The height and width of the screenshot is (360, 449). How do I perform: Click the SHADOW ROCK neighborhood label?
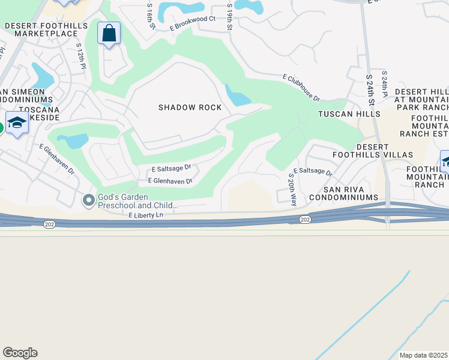pos(190,107)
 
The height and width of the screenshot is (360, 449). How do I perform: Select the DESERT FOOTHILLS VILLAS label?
pos(384,151)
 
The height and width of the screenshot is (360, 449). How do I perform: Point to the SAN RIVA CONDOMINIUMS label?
pos(344,197)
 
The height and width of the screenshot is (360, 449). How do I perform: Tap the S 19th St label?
pos(229,16)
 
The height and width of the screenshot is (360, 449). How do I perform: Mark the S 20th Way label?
pos(293,190)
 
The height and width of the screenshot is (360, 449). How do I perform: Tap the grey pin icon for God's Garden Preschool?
pos(89,200)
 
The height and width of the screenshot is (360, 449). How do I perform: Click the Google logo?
pos(20,353)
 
